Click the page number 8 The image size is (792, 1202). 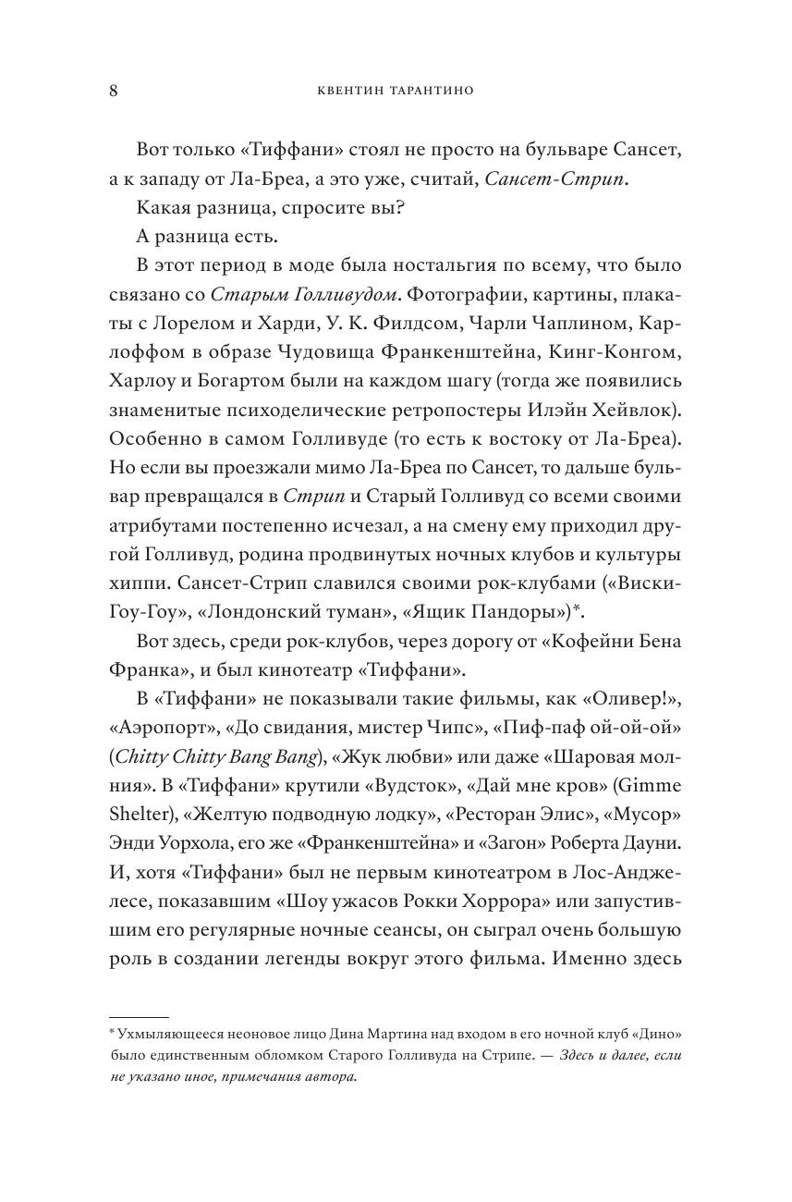tap(113, 91)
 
